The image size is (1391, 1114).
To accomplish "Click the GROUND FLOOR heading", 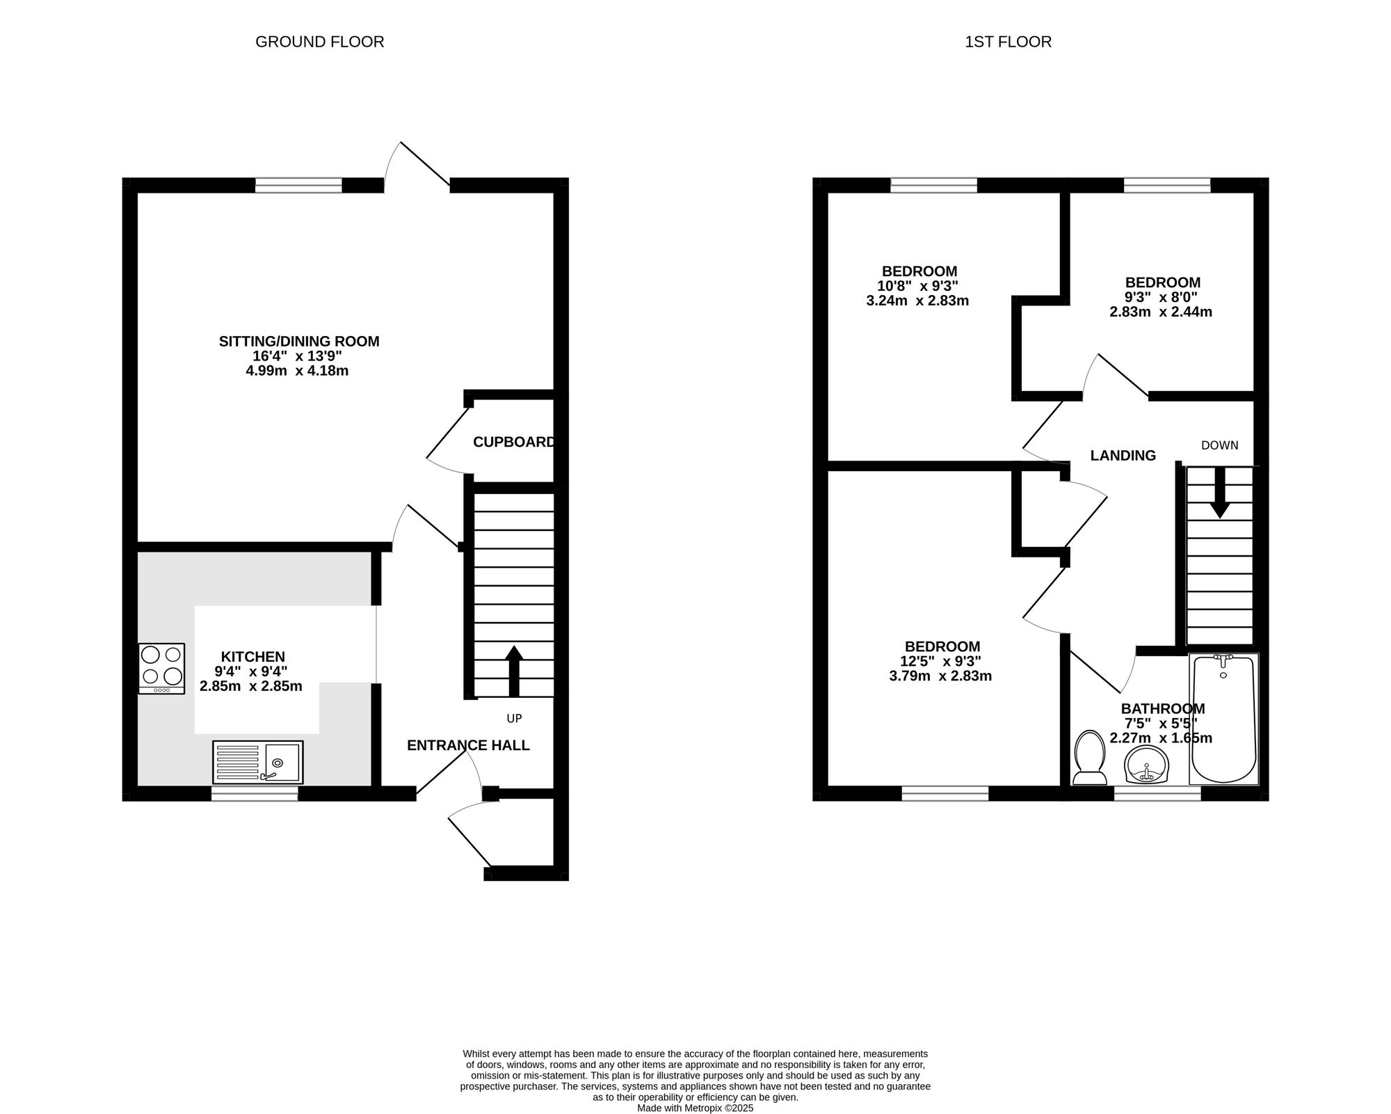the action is coord(320,42).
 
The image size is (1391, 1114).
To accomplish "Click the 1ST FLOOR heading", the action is coord(1008,42).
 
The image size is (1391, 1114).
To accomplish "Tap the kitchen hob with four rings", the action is coord(161,668).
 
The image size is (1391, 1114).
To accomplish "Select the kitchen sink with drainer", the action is coord(258,762).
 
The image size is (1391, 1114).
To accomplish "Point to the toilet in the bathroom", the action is coord(1090,758).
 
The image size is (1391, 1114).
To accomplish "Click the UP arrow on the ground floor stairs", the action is coord(514,671).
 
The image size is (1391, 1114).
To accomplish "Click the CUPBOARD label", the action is coord(515,442).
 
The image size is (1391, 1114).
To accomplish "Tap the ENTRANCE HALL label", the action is coord(468,745).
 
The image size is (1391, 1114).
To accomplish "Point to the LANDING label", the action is coord(1123,455).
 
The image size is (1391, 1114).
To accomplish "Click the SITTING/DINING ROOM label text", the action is coord(299,341).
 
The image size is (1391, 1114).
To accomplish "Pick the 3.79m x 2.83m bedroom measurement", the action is coord(940,676).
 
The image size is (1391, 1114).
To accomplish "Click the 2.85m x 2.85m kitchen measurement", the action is coord(251,686).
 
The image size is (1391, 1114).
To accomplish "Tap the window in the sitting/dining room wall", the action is coord(299,185).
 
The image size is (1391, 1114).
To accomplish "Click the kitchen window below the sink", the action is coord(255,793).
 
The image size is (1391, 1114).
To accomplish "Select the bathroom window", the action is coord(1157,793).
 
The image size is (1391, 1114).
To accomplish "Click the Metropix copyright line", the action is coord(695,1108).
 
